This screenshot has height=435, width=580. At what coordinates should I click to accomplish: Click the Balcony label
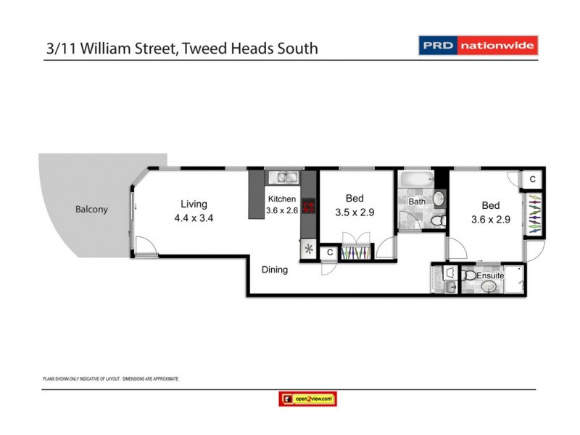coord(91,210)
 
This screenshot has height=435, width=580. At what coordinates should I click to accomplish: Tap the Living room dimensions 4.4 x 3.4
coord(194,217)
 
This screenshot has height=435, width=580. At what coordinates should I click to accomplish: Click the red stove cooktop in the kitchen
coord(308,207)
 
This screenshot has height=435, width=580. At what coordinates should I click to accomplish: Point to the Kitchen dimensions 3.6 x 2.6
coord(282,211)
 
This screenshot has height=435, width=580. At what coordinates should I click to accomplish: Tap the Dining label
coord(275,270)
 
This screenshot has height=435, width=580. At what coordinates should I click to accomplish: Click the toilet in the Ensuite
coord(470,275)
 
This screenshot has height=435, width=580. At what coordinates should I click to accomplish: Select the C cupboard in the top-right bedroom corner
coord(532,179)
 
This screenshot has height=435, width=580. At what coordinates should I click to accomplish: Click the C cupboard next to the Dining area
coord(329,252)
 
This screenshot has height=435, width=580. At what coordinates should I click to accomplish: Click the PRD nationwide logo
coord(478,46)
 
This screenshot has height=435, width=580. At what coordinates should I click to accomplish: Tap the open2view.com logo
coord(307,398)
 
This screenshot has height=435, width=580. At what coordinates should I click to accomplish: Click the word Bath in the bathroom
coord(416,202)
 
